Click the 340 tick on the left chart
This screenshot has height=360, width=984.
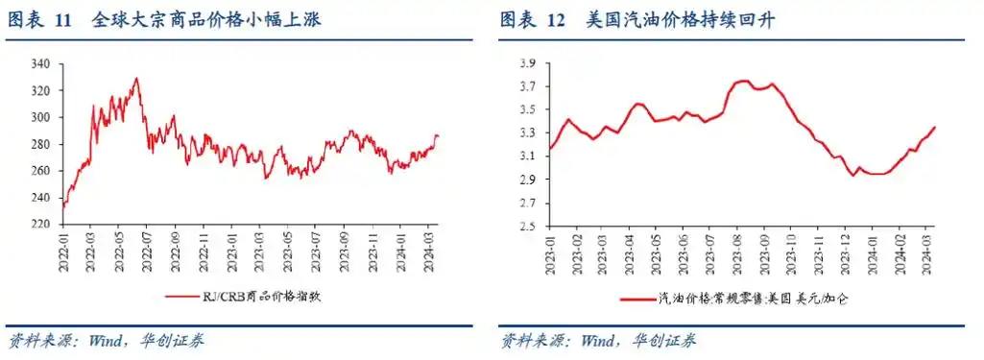pyautogui.click(x=42, y=64)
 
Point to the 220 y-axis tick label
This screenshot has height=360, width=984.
pyautogui.click(x=42, y=224)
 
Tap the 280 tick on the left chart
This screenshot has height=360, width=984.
pyautogui.click(x=42, y=144)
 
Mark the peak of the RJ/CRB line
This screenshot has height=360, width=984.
pyautogui.click(x=136, y=79)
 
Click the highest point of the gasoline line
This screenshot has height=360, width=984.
pyautogui.click(x=742, y=81)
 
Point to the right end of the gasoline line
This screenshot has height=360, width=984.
pyautogui.click(x=935, y=128)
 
